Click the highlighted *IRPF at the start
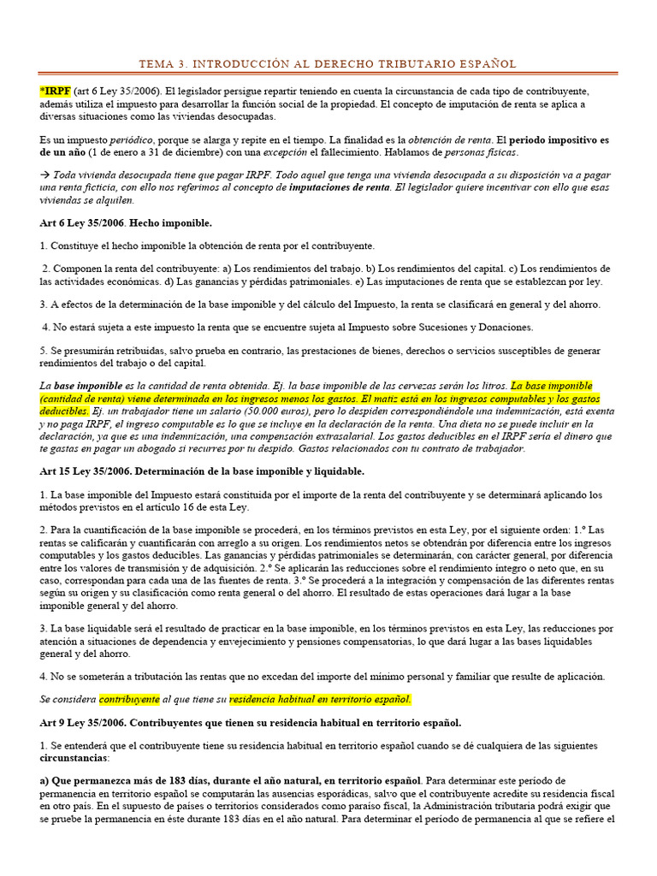pos(56,91)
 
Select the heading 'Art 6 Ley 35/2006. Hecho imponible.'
pos(126,222)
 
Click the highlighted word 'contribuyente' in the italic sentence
pos(129,699)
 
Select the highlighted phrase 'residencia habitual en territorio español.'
pos(320,699)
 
